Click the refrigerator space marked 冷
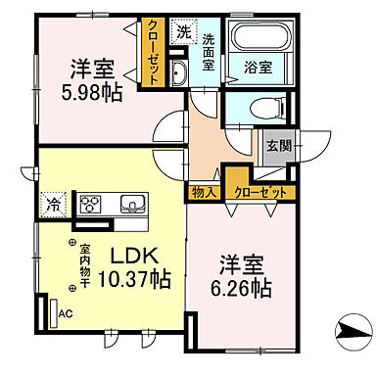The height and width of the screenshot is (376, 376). click(51, 207)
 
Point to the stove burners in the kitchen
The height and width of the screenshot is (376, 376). click(91, 204)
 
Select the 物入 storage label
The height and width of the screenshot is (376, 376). click(204, 192)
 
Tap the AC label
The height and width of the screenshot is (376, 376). click(67, 313)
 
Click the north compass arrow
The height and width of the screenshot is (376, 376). click(350, 334)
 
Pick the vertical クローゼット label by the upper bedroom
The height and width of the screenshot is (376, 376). click(154, 54)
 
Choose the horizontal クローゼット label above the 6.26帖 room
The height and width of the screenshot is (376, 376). click(259, 193)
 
